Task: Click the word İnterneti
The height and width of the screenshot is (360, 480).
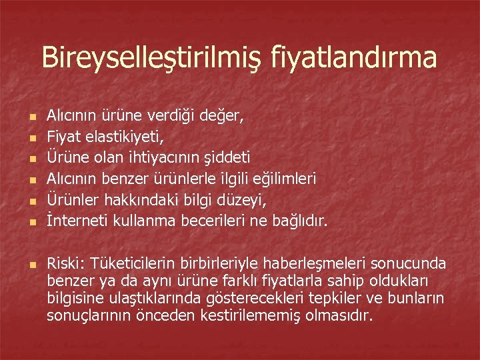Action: tap(72, 220)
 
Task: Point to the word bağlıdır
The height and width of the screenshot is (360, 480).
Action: tap(298, 220)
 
